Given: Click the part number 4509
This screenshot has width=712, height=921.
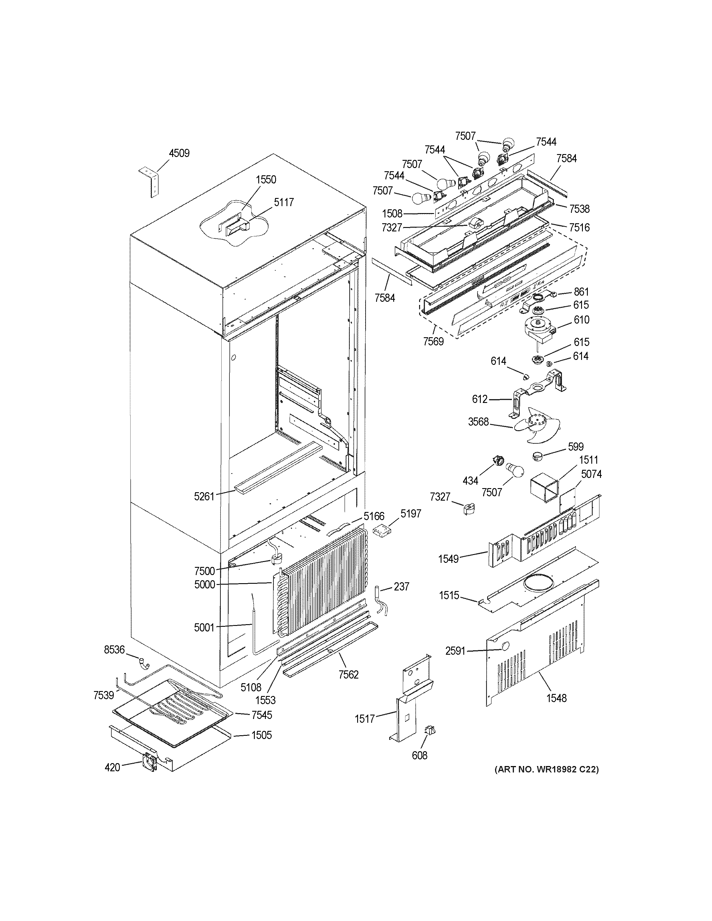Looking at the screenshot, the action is click(179, 153).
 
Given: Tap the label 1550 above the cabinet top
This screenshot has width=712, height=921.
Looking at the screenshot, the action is click(266, 180).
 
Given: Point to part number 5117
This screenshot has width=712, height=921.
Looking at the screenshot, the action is click(284, 202).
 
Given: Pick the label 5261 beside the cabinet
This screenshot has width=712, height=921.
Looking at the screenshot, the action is click(204, 497).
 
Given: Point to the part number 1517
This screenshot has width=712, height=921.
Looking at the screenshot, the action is click(365, 719).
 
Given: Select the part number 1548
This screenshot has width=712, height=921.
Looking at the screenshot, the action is click(557, 698).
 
